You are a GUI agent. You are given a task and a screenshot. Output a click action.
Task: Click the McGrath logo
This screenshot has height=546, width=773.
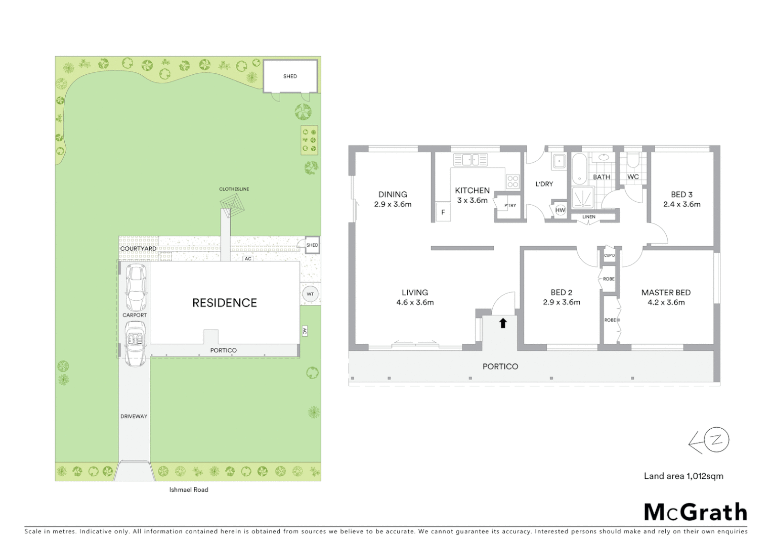[x=695, y=512]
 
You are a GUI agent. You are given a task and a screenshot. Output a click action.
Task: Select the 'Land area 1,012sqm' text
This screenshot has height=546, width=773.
[x=683, y=476]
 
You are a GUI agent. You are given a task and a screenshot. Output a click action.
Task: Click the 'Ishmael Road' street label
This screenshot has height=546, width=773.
[x=189, y=489]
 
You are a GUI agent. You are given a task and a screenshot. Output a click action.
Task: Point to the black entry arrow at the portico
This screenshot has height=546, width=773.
[x=503, y=323]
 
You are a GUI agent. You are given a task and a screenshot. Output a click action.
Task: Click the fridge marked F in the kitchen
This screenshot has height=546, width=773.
[x=443, y=212]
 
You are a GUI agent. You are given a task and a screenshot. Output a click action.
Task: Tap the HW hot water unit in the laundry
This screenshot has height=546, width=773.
[x=560, y=210]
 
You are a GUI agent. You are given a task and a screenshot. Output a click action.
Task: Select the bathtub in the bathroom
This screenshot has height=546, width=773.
[x=579, y=168]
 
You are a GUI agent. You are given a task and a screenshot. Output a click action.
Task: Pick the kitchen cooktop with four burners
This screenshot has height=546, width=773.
[x=512, y=181]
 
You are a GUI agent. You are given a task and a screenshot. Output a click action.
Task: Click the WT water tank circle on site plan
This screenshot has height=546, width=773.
[x=310, y=294]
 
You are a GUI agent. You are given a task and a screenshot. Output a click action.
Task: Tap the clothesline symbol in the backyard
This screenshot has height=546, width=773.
[x=232, y=205]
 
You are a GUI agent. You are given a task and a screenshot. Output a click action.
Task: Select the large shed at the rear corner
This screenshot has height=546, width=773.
[x=290, y=76]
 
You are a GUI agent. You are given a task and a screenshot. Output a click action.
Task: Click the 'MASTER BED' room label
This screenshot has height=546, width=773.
[x=666, y=292]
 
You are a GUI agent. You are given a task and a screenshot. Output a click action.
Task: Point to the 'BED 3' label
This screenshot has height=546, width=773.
[x=681, y=194]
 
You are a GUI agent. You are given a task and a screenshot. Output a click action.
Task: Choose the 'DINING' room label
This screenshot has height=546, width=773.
[x=393, y=194]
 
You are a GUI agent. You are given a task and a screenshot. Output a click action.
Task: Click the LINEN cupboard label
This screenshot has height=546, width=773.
[x=588, y=217]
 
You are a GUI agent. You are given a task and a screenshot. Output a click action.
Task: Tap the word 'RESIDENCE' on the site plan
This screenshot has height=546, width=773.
[x=225, y=302]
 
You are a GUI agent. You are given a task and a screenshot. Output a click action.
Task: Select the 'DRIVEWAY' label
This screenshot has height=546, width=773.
[x=134, y=416]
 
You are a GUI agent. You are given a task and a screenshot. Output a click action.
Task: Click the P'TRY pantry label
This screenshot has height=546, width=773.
[x=510, y=205]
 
